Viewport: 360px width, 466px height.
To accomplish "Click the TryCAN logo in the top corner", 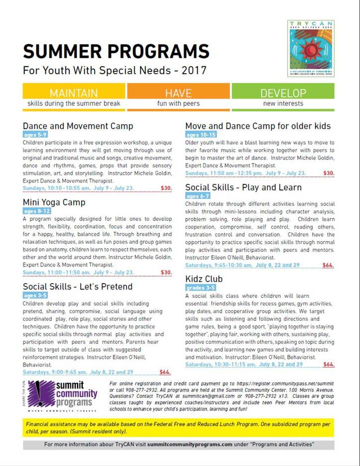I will (310, 48).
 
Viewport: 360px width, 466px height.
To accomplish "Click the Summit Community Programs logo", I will (62, 395).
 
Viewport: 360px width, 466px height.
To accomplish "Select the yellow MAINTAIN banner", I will (74, 93).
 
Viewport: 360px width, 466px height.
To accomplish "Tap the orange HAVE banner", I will (178, 93).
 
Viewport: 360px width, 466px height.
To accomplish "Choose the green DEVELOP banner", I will (283, 93).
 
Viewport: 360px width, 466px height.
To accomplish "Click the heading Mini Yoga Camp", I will (54, 202).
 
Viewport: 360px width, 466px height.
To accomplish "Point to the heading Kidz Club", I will (204, 279).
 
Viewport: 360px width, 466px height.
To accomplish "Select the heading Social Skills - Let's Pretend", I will (78, 286).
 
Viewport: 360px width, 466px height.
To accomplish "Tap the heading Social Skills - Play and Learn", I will (243, 187).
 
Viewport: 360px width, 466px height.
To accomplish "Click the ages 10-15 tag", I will (202, 135).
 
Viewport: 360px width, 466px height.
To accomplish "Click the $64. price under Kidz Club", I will (329, 364).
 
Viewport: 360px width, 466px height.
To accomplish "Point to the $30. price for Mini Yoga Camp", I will (166, 272).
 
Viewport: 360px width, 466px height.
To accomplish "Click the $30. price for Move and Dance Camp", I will (329, 173).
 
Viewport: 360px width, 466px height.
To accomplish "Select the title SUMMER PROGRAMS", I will (116, 51).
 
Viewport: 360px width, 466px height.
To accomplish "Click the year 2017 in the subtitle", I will (195, 70).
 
